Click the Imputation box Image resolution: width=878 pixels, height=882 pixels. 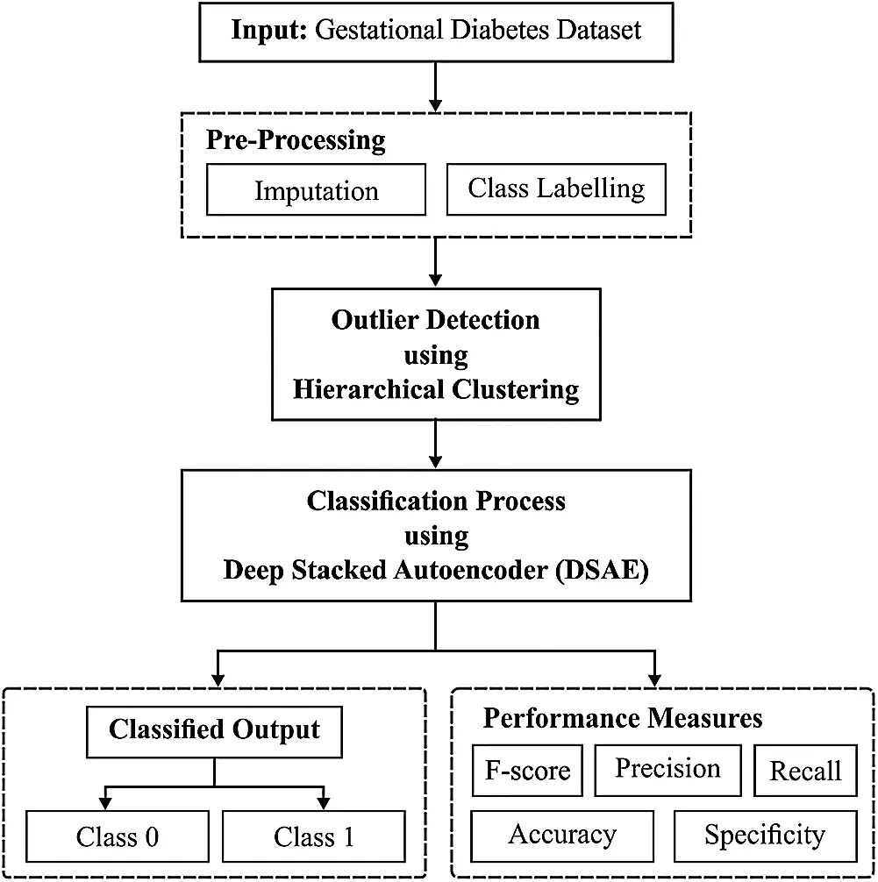[x=316, y=190]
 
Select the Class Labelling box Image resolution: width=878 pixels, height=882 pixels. [x=556, y=188]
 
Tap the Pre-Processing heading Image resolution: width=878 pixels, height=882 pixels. [x=296, y=140]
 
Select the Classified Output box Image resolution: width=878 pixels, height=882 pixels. [x=214, y=729]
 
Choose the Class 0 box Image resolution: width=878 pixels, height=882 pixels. [x=118, y=836]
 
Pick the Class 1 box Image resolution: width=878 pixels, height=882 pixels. [x=314, y=836]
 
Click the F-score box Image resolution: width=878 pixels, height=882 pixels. [x=528, y=771]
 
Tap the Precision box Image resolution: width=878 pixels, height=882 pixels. [x=667, y=769]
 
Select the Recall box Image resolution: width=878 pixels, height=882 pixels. [x=805, y=771]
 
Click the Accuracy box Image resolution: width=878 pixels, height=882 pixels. [x=562, y=835]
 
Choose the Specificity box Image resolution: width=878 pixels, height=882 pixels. [x=765, y=835]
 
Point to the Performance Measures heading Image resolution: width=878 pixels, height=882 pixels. [x=623, y=719]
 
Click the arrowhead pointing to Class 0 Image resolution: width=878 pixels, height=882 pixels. [x=106, y=800]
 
